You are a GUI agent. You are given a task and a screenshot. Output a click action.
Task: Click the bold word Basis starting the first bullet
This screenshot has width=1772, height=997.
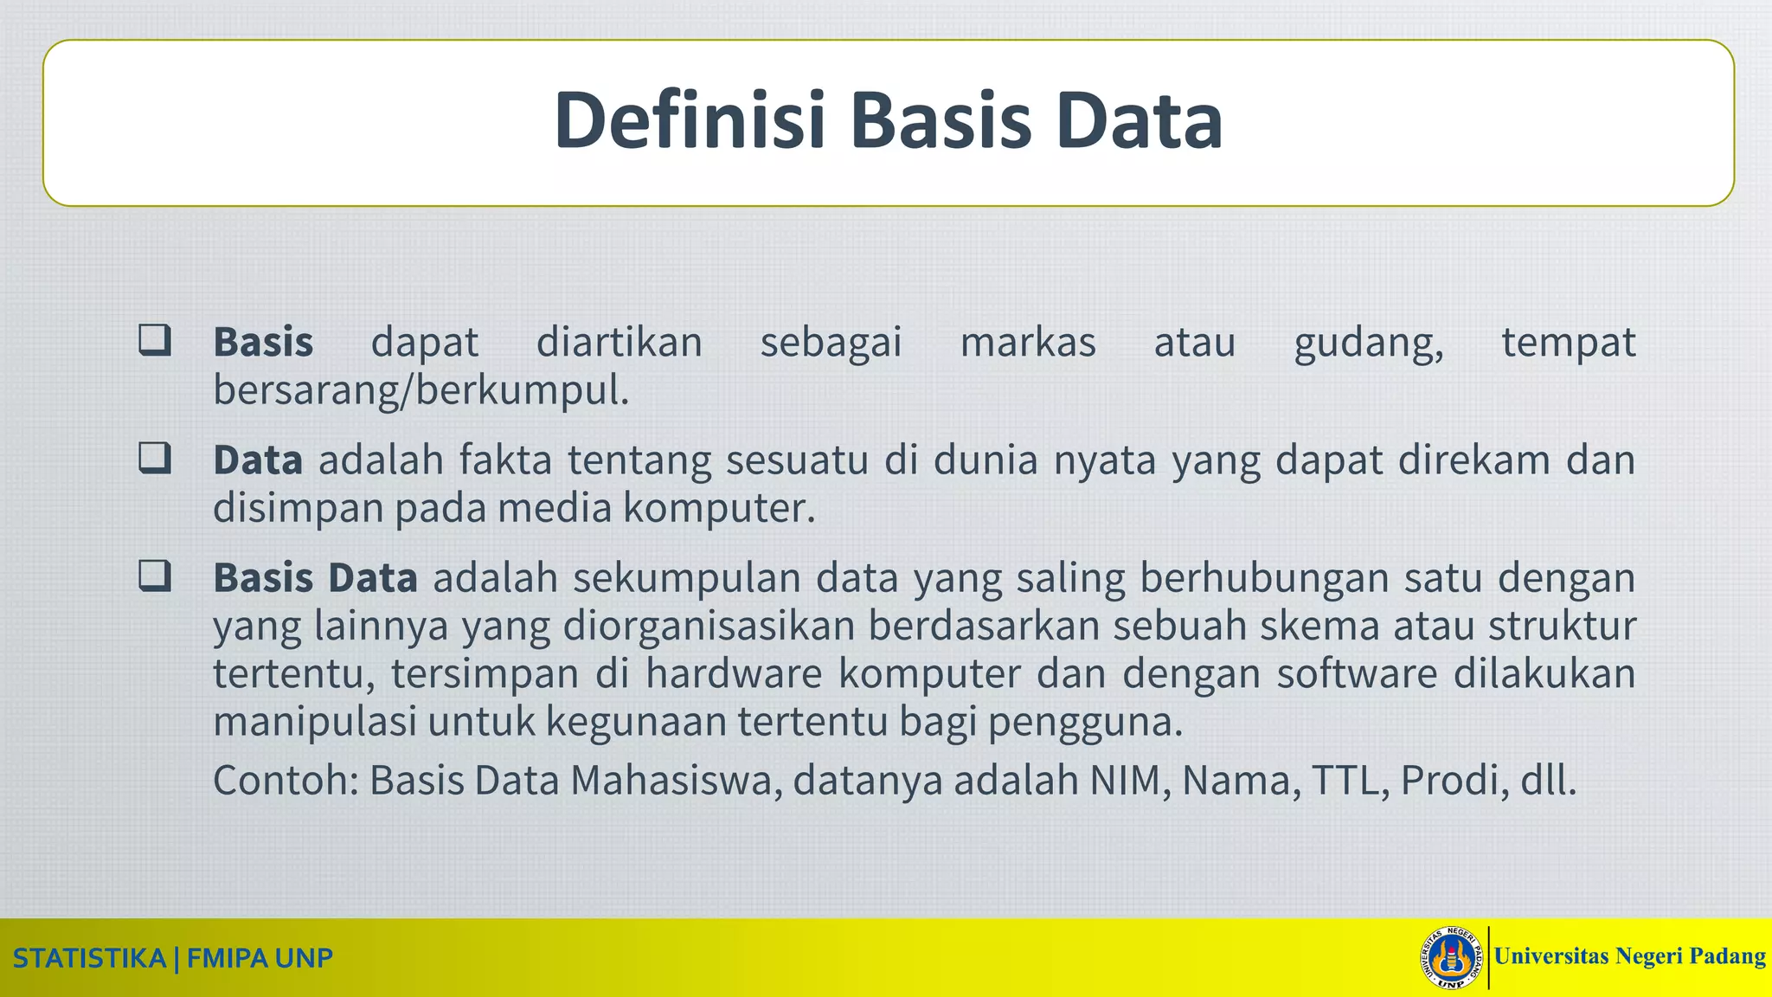click(x=263, y=342)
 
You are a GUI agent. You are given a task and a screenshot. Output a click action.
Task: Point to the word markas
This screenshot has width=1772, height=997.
click(x=1028, y=342)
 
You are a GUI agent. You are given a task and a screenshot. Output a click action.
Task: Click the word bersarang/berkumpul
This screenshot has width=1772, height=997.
click(x=421, y=391)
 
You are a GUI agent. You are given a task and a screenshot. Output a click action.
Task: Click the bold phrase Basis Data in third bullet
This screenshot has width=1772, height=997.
click(x=316, y=577)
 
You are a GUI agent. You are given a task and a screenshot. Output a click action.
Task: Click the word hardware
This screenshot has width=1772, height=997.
click(x=734, y=673)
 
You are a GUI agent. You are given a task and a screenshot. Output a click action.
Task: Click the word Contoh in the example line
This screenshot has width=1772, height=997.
click(x=281, y=780)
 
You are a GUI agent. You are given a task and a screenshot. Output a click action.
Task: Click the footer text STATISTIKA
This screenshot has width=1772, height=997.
click(x=89, y=959)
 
